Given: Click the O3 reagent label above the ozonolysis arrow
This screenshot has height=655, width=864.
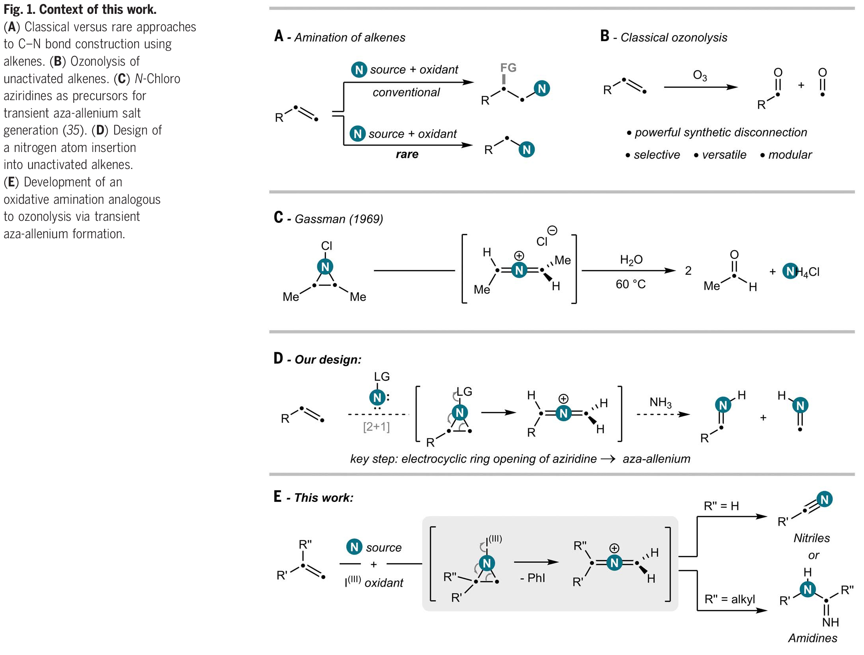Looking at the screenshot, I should [699, 75].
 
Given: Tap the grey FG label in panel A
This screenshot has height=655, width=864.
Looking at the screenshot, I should [508, 68].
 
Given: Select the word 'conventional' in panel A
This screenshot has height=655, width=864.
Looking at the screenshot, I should [406, 92].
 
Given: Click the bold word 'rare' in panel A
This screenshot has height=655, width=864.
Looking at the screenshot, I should [407, 154].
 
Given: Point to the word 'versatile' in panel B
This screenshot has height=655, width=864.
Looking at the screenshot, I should [724, 155].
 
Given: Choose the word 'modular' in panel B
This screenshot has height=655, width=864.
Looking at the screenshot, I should [790, 155].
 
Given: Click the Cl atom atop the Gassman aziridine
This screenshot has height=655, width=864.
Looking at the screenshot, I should [326, 246].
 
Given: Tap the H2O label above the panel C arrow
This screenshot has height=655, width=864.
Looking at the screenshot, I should [631, 260].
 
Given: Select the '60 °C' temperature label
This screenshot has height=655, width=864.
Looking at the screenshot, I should [630, 284].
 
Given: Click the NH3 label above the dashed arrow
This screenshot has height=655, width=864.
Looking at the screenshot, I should [660, 402].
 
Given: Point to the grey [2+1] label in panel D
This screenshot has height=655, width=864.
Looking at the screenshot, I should [376, 427].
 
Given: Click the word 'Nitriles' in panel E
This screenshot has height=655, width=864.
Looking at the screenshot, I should [811, 538].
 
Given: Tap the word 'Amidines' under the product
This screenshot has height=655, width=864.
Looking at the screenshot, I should [813, 638].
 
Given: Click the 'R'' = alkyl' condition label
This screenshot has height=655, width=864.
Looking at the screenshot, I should [729, 599].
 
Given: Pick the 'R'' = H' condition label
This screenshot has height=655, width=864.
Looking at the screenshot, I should [721, 506].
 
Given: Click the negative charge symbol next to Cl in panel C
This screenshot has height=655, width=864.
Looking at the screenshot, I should [552, 230].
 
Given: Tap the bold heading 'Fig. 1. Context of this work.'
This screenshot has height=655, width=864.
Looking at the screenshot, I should [80, 9].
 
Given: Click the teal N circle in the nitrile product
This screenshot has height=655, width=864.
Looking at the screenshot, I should [824, 499].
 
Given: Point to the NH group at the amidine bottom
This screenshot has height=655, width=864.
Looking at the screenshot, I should [830, 623].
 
